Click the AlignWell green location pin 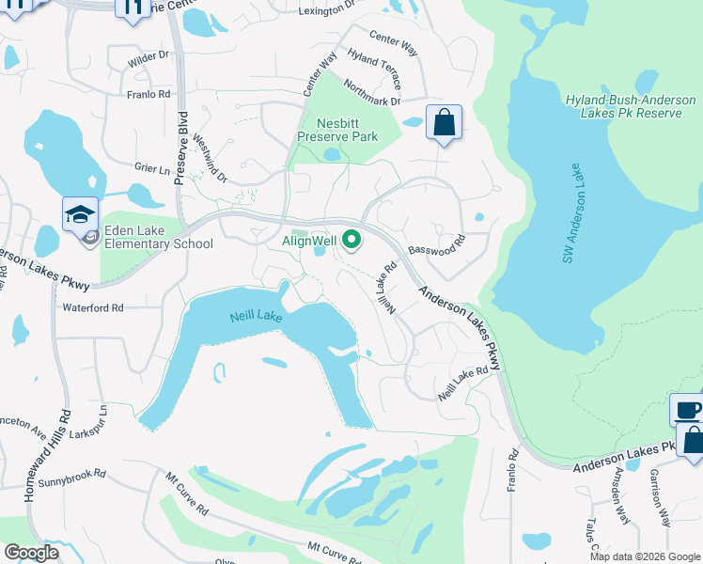352,242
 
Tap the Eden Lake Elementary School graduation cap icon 81,215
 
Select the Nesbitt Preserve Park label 337,130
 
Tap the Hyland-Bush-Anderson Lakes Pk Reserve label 631,106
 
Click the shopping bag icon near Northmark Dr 444,123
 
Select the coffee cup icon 688,411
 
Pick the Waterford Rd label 93,307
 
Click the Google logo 31,553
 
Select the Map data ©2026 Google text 645,556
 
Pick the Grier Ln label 151,169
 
